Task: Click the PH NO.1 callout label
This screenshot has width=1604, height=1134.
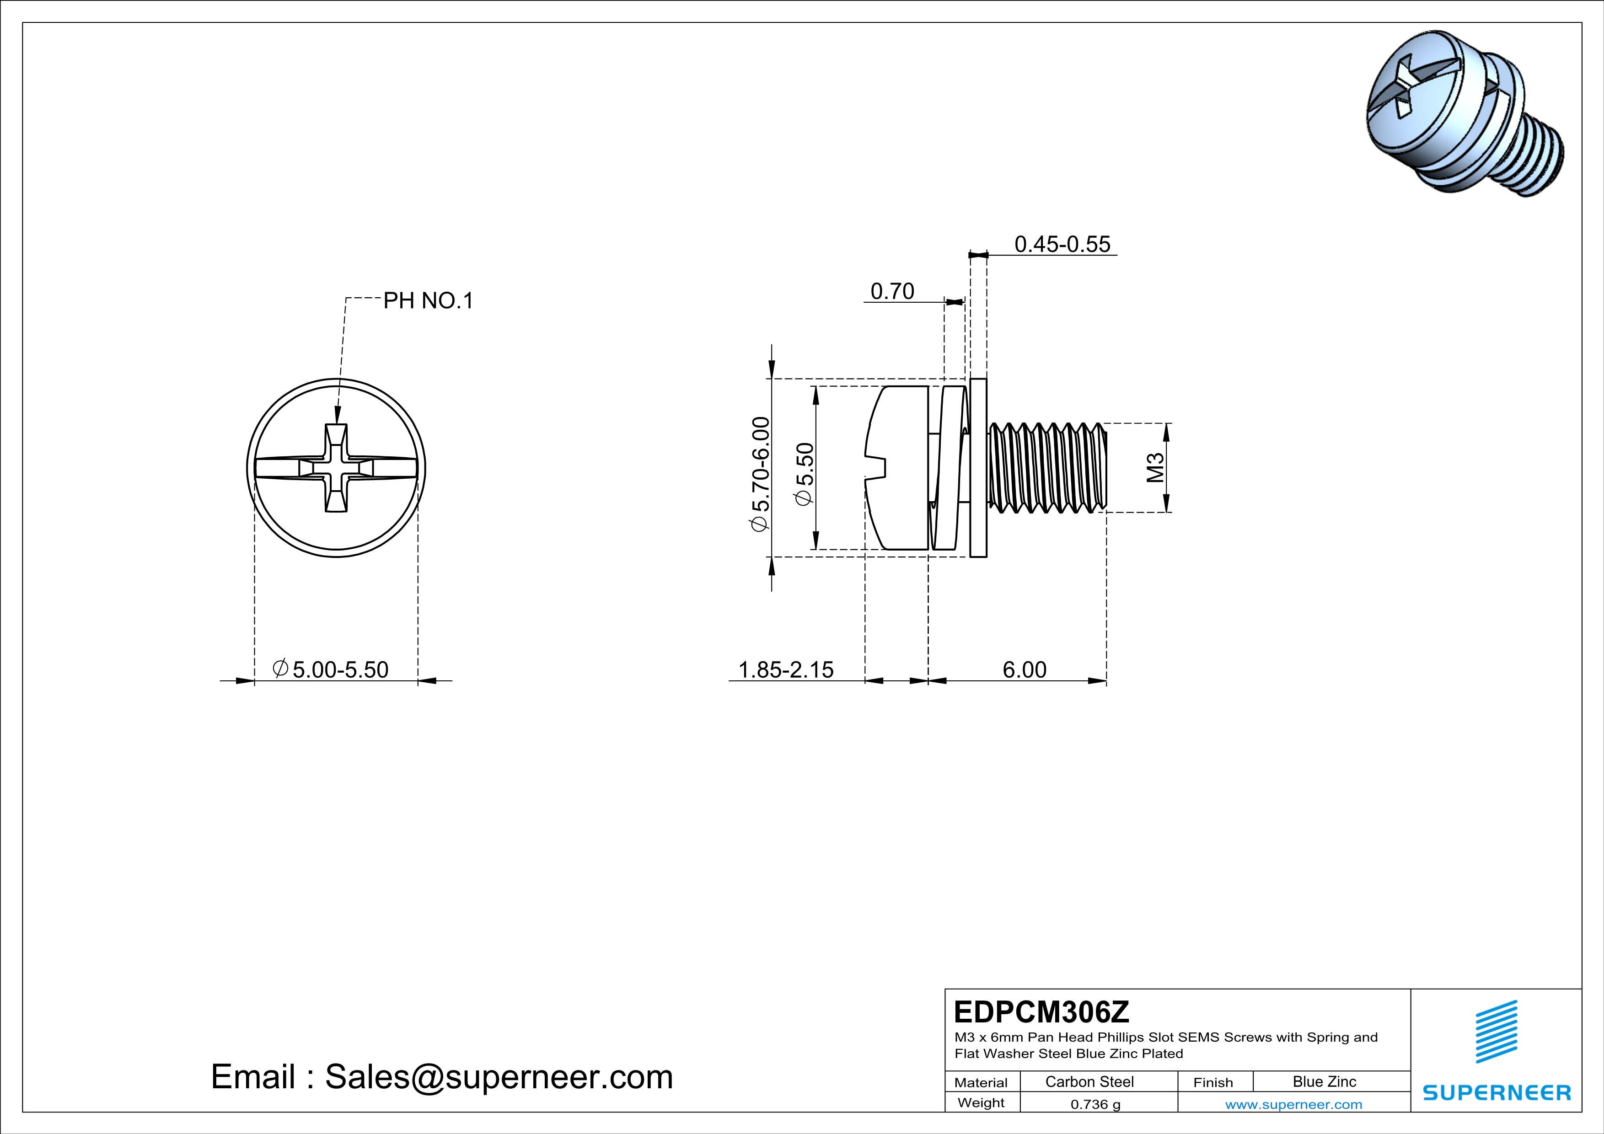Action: (x=428, y=301)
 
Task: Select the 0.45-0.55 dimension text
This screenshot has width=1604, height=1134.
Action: (x=1062, y=244)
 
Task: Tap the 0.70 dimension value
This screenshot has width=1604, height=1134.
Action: (x=892, y=291)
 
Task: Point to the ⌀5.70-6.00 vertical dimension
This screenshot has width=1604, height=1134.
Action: (x=761, y=474)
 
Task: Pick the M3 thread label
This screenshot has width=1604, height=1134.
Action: (x=1155, y=468)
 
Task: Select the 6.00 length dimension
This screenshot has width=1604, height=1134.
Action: (x=1024, y=669)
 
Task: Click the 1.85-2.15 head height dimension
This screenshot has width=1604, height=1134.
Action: (x=786, y=669)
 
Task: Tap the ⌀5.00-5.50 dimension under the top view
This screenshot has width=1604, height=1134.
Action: (x=330, y=669)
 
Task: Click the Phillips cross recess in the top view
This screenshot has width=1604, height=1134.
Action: (x=336, y=468)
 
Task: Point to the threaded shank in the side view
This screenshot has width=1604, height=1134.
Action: (x=1048, y=468)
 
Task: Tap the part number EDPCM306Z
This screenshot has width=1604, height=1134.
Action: (x=1041, y=1012)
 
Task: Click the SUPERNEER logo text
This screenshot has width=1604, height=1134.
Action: (x=1497, y=1093)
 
